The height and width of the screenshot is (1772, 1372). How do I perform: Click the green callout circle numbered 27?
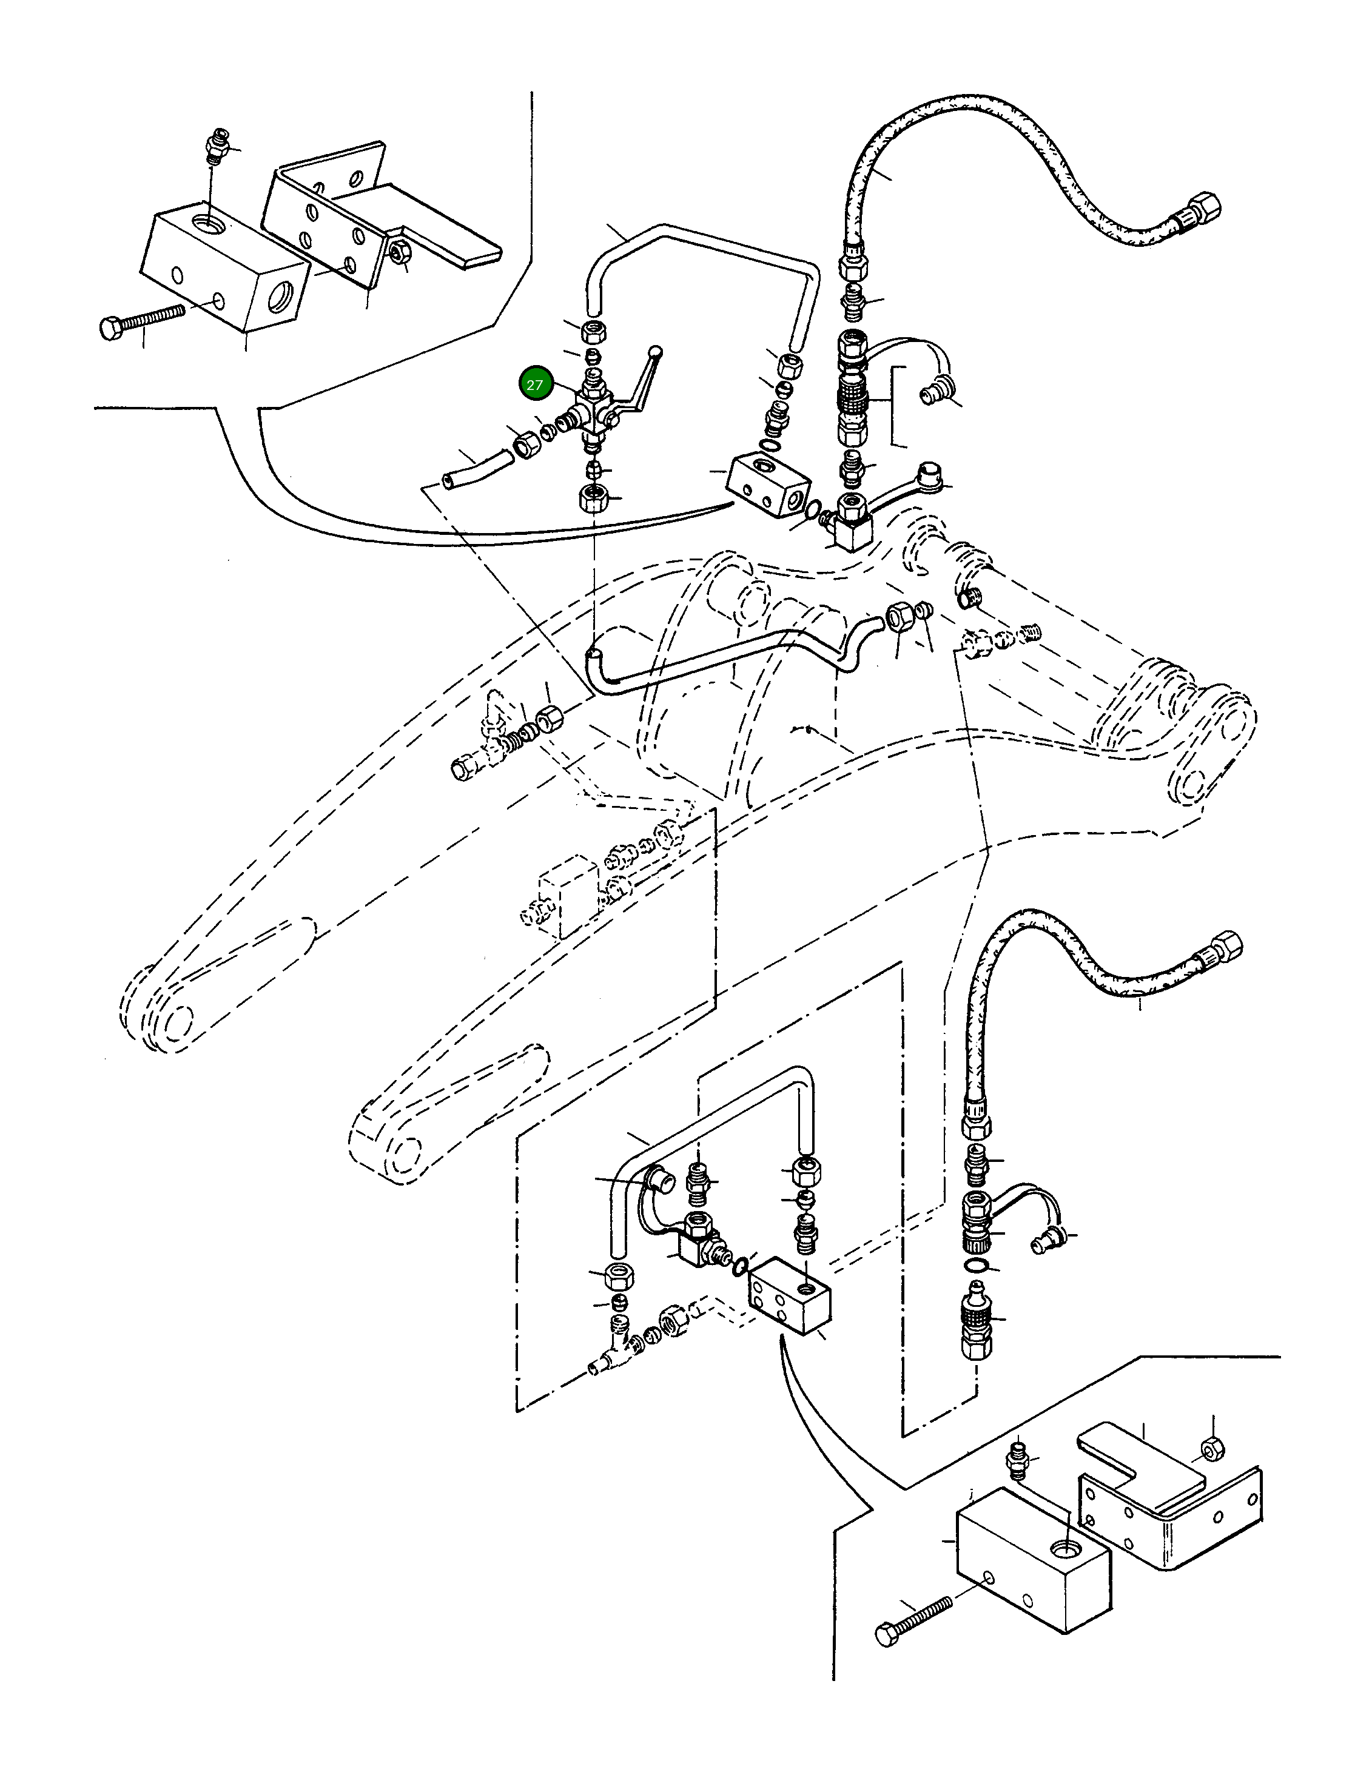click(534, 384)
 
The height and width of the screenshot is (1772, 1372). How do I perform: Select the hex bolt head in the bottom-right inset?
click(887, 1633)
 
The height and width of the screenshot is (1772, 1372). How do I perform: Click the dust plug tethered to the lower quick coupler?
click(1043, 1242)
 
